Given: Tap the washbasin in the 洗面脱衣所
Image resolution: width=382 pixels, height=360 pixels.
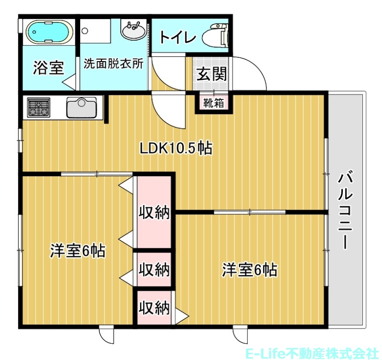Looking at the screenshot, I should [x=134, y=31].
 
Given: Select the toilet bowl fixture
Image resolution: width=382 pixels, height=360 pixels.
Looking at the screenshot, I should [x=215, y=37].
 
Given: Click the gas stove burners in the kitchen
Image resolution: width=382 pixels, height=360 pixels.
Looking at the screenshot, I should [x=39, y=107].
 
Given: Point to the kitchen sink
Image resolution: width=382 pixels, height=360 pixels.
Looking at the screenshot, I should [x=82, y=107].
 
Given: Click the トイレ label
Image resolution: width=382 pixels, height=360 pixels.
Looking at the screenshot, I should [x=177, y=38].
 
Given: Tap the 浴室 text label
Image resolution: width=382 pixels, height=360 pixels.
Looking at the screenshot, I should [x=48, y=68].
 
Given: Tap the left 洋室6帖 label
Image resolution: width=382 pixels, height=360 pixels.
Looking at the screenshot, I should [x=78, y=251].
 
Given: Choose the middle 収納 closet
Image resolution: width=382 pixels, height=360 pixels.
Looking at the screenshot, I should [x=154, y=270].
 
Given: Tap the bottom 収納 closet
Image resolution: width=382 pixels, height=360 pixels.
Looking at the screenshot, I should [x=154, y=308].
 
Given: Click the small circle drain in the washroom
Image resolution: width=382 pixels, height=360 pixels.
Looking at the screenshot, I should [x=85, y=31].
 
